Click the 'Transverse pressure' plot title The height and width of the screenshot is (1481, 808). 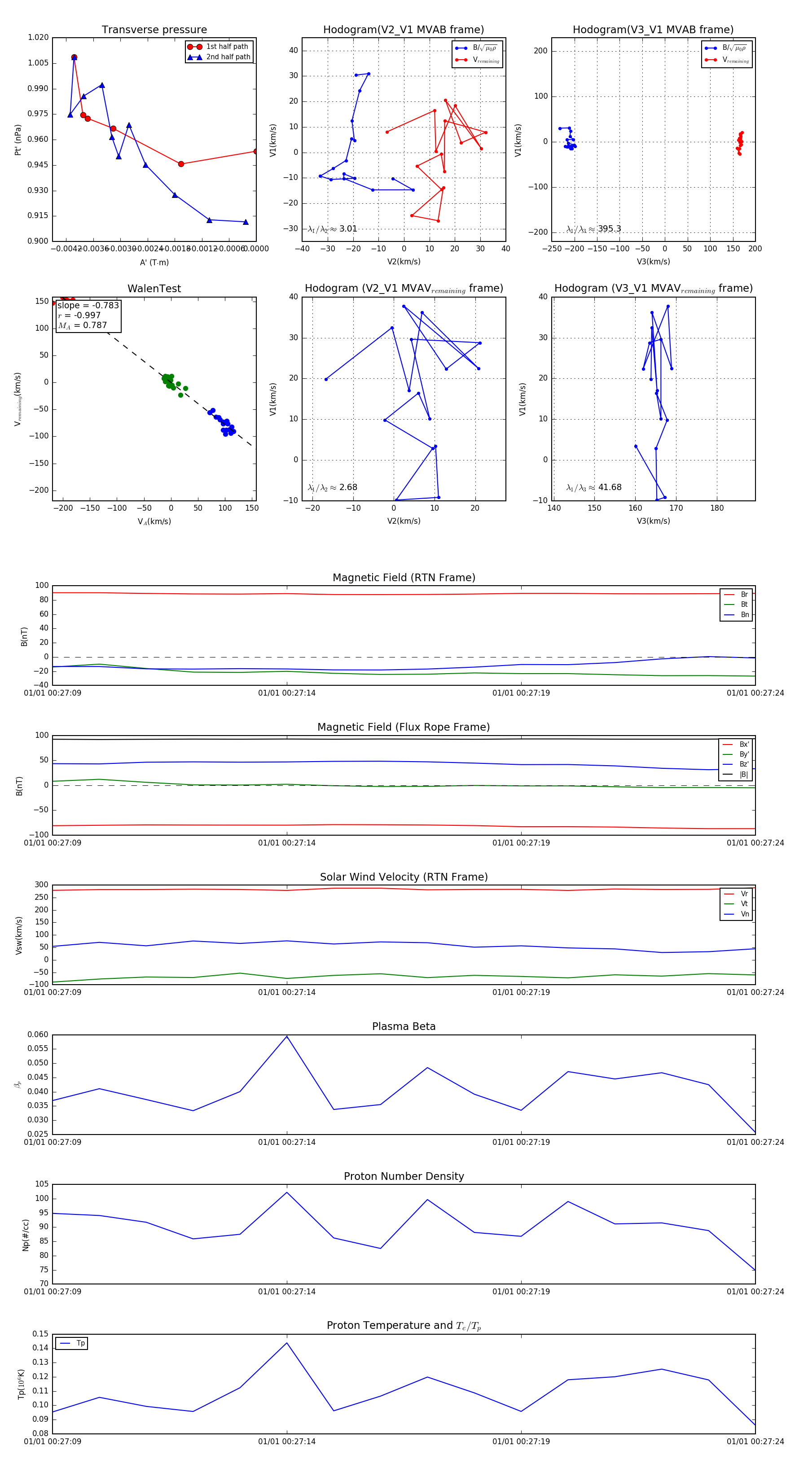pyautogui.click(x=154, y=30)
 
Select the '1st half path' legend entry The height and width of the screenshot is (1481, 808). pyautogui.click(x=227, y=47)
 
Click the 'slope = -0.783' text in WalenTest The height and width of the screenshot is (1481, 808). pyautogui.click(x=88, y=305)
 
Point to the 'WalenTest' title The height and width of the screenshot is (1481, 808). pyautogui.click(x=154, y=289)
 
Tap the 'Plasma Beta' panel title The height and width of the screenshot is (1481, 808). pyautogui.click(x=404, y=1026)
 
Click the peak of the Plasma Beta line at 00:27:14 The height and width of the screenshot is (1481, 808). pyautogui.click(x=287, y=1036)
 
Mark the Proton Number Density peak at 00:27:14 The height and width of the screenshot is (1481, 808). pyautogui.click(x=287, y=1192)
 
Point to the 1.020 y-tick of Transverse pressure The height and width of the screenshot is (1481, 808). pyautogui.click(x=39, y=37)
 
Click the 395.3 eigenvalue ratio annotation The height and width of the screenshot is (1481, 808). pyautogui.click(x=609, y=229)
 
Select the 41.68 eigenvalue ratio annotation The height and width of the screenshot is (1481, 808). pyautogui.click(x=610, y=487)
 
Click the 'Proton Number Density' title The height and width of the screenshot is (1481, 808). pyautogui.click(x=404, y=1176)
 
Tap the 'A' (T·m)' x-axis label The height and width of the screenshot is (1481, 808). pyautogui.click(x=154, y=262)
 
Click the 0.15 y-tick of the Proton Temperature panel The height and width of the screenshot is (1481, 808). pyautogui.click(x=40, y=1334)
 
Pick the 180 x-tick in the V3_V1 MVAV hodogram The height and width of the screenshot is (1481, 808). pyautogui.click(x=716, y=508)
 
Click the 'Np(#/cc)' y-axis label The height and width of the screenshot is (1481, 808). pyautogui.click(x=25, y=1235)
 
